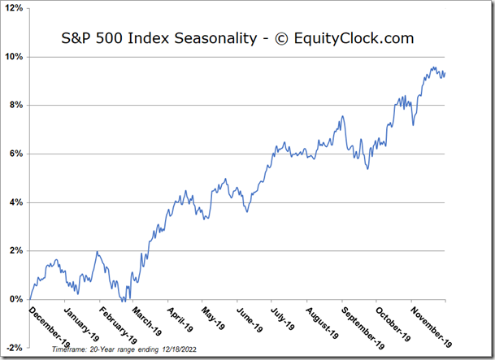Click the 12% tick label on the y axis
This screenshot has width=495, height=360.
pos(15,8)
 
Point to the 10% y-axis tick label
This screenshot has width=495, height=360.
pos(15,57)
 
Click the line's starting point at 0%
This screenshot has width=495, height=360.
pos(30,299)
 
